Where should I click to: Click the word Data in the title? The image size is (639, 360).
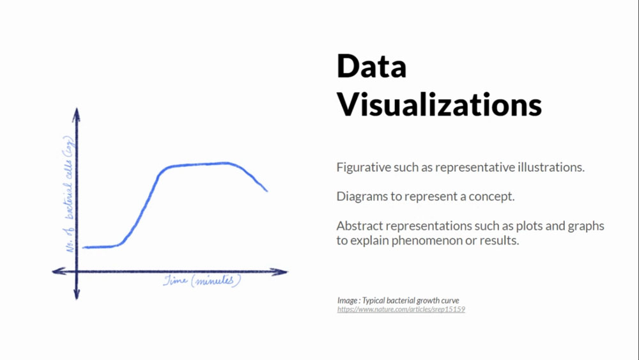tap(371, 66)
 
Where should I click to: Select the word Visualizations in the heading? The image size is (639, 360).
tap(439, 104)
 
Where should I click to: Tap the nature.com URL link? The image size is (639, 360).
tap(401, 309)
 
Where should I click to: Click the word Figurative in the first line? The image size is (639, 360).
tap(364, 168)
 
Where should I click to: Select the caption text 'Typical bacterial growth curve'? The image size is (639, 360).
tap(410, 301)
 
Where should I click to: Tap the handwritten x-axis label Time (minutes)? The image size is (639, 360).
tap(202, 281)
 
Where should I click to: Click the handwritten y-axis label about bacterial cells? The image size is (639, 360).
tap(68, 194)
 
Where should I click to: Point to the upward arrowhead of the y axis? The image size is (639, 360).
tap(76, 114)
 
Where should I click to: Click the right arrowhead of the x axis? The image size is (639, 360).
tap(280, 272)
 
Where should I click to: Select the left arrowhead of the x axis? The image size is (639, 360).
tap(59, 271)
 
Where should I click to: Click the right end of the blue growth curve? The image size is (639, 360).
tap(267, 191)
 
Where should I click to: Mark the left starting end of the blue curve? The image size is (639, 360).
tap(84, 247)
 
